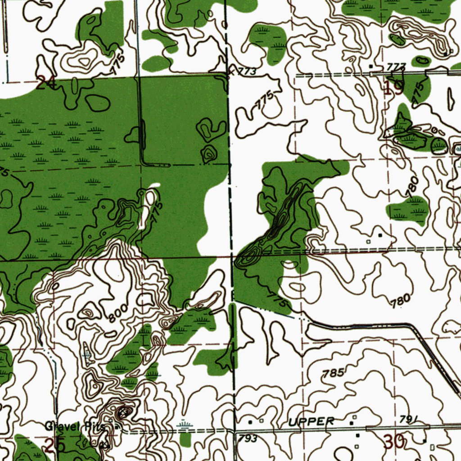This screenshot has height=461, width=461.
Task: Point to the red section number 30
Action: (394, 442)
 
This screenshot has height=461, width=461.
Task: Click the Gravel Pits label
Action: (75, 426)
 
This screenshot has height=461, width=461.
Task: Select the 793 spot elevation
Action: (248, 438)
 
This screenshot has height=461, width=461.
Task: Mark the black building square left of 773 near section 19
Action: (371, 67)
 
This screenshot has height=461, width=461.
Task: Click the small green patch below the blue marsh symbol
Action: (185, 439)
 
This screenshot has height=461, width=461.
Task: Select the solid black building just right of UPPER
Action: (351, 423)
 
